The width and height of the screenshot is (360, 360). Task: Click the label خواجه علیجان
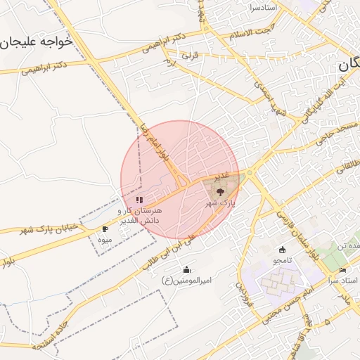pyautogui.click(x=37, y=41)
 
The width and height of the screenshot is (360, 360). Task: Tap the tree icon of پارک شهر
pyautogui.click(x=220, y=191)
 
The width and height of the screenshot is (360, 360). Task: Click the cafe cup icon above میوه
pyautogui.click(x=105, y=229)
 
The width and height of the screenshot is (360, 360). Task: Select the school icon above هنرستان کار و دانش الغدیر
pyautogui.click(x=139, y=200)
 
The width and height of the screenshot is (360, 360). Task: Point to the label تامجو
pyautogui.click(x=283, y=261)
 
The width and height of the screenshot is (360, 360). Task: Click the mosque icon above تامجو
pyautogui.click(x=283, y=250)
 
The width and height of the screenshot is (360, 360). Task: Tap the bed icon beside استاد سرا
pyautogui.click(x=342, y=271)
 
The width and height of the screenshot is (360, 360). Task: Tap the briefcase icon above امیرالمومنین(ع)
pyautogui.click(x=186, y=269)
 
